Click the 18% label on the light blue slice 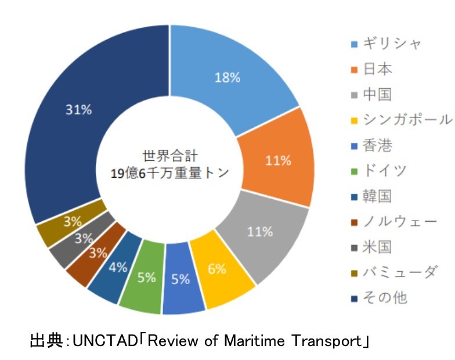[228, 78]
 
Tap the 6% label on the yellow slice [217, 269]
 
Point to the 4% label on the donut [118, 267]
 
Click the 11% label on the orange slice [279, 160]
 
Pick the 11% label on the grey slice [260, 232]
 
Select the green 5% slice [142, 276]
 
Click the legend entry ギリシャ [392, 44]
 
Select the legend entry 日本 [377, 69]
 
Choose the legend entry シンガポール [407, 120]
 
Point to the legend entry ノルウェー [399, 222]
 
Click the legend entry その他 [385, 298]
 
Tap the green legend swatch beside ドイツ [354, 172]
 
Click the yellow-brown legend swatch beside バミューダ [354, 273]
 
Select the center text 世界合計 [170, 156]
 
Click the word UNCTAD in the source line [104, 340]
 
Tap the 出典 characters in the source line [46, 340]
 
